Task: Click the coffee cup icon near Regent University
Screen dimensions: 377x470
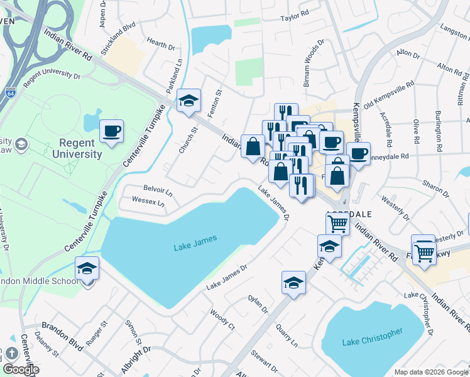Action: [x=112, y=131]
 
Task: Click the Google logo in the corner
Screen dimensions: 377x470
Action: [x=20, y=369]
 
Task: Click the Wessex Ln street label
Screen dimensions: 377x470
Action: [x=148, y=203]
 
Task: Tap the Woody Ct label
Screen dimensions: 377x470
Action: [x=222, y=320]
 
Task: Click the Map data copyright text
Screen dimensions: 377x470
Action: [x=431, y=371]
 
